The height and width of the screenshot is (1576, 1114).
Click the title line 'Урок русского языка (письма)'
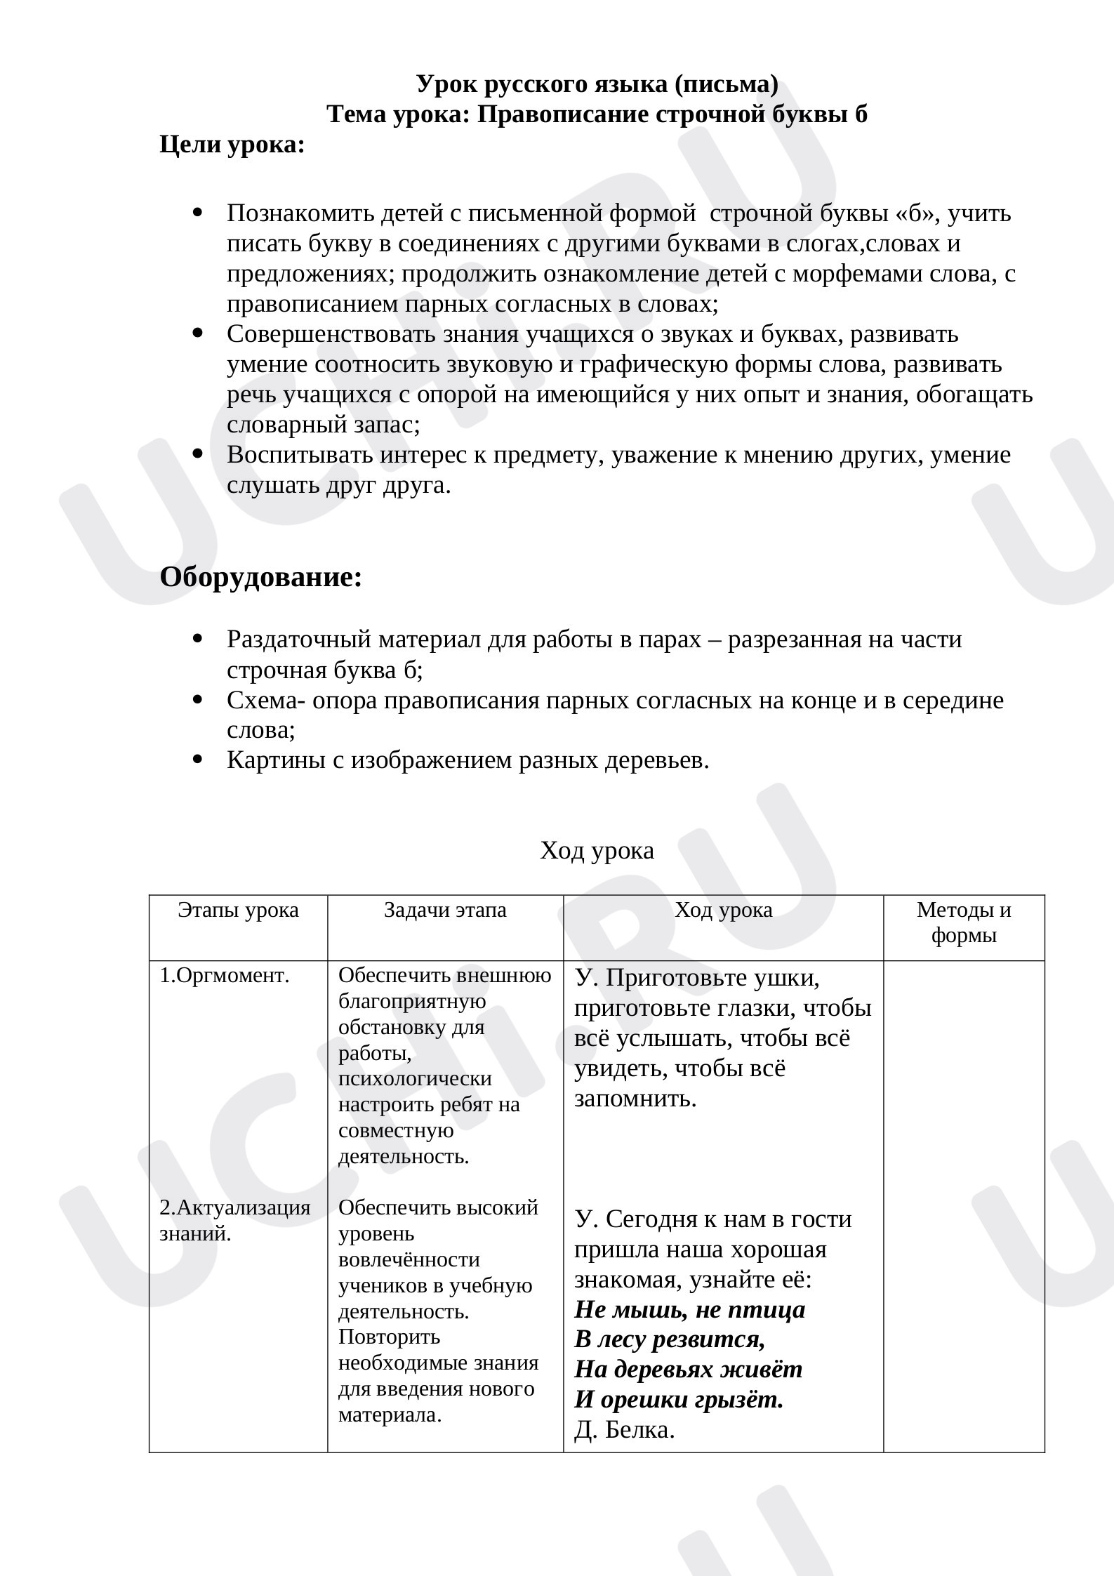tap(597, 84)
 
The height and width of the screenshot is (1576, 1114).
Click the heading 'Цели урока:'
tap(232, 145)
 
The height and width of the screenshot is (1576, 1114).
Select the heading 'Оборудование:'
tap(261, 577)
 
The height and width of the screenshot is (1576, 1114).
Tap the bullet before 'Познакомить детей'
tap(197, 212)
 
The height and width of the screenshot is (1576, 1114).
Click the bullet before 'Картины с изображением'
tap(197, 760)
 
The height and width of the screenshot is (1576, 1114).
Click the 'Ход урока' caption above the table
tap(597, 851)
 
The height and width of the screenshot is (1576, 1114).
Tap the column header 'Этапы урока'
tap(238, 910)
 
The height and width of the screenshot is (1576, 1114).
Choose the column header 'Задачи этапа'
tap(445, 910)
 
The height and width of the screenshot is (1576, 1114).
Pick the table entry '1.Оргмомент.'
tap(225, 976)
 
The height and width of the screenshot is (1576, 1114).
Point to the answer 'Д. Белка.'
tap(625, 1430)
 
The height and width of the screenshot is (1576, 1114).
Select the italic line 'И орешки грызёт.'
tap(679, 1400)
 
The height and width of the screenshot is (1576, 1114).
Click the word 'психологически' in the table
tap(415, 1079)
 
